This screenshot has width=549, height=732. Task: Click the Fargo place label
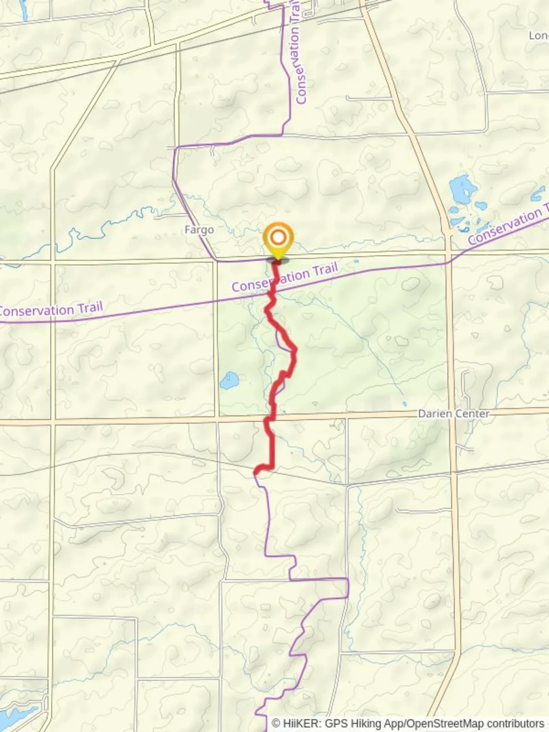tap(199, 230)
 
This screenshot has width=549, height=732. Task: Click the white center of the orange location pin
tap(278, 238)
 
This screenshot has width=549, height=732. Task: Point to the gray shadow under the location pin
tap(278, 260)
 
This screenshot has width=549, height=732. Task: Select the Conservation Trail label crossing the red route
tap(285, 278)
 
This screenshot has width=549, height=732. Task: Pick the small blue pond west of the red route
tap(229, 380)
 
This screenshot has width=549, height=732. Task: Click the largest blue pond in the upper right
tap(463, 190)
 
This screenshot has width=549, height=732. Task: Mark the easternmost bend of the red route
tap(295, 350)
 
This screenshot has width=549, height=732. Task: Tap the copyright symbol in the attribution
tap(276, 723)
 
